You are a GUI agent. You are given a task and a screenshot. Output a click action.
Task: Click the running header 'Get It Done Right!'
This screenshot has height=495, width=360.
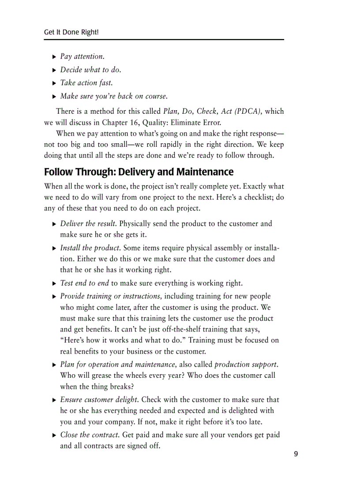click(71, 32)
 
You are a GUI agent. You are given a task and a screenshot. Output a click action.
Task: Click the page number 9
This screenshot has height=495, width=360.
click(296, 454)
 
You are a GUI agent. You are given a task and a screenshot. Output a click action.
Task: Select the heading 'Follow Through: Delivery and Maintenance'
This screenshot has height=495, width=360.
click(139, 172)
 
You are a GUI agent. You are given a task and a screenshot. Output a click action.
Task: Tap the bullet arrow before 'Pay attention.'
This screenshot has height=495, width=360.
click(54, 57)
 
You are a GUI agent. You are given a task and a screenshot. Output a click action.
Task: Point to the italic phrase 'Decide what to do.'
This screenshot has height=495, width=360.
click(90, 70)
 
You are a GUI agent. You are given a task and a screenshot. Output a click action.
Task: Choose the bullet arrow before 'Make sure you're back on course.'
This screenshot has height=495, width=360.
click(54, 97)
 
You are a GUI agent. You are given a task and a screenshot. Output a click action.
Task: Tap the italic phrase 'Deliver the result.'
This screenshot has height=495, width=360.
click(89, 223)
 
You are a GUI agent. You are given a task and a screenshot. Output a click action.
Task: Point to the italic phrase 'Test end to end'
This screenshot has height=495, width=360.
click(84, 283)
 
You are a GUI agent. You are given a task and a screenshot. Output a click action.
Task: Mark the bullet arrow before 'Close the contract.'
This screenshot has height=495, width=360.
click(54, 435)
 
